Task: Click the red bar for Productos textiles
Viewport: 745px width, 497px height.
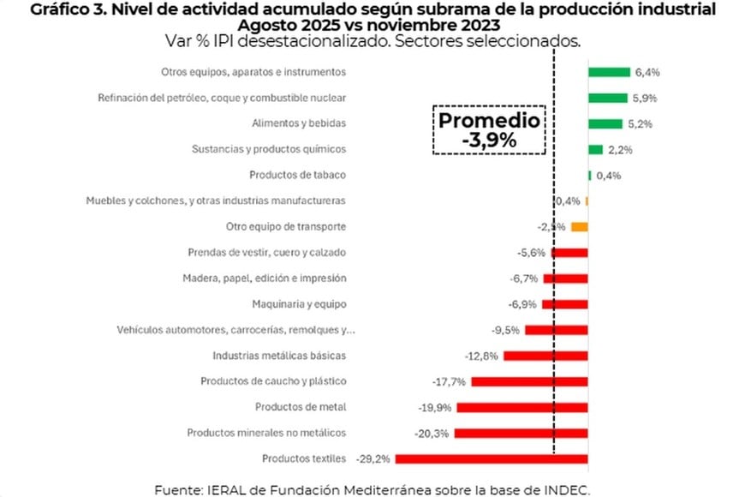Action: point(492,458)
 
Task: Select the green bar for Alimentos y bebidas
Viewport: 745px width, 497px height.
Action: point(605,123)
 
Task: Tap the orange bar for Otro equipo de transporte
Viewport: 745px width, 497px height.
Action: point(579,227)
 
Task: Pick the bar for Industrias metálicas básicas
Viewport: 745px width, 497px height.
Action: point(545,356)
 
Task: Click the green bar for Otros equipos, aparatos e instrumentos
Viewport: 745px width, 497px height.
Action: point(609,72)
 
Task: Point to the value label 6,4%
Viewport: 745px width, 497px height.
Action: point(647,72)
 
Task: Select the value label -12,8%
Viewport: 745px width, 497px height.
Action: point(481,356)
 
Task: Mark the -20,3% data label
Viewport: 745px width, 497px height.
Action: point(432,433)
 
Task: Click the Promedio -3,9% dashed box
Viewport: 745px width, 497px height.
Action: point(489,130)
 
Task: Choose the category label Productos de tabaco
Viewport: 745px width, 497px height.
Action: point(297,175)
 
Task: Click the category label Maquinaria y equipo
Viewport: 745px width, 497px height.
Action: point(299,304)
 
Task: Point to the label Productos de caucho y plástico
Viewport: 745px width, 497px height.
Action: point(273,381)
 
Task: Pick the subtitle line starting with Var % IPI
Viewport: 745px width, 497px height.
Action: point(372,41)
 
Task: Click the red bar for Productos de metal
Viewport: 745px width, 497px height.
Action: point(522,407)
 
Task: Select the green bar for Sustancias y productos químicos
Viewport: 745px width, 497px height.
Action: point(595,149)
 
